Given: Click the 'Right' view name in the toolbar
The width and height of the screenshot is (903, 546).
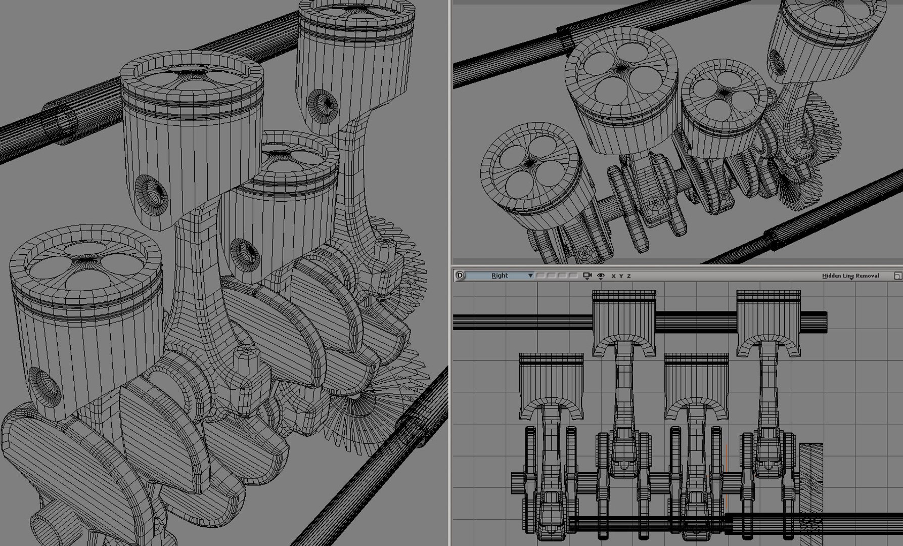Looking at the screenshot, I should click(500, 276).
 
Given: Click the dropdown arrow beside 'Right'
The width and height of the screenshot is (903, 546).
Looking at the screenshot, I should click(530, 276).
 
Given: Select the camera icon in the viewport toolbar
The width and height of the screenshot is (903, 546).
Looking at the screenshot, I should click(587, 276).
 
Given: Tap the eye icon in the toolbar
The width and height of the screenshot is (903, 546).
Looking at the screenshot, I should click(601, 276).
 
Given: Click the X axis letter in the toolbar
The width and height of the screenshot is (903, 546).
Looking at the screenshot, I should click(613, 276).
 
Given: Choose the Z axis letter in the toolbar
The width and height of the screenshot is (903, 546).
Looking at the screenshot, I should click(628, 276).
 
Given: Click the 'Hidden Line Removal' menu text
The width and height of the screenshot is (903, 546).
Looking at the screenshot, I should click(850, 276).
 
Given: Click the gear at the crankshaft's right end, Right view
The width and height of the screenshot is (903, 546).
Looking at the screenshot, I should click(811, 485).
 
